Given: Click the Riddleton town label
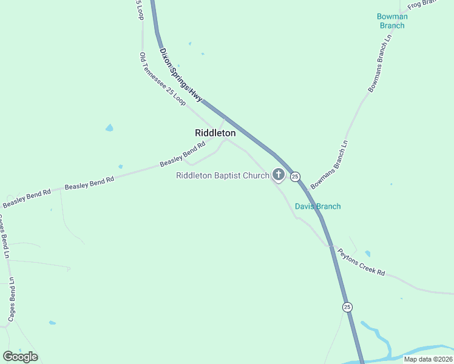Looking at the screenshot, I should coord(215,132).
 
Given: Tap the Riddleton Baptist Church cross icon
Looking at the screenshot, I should coord(279,175).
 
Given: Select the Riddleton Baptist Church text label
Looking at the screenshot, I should coord(222,176).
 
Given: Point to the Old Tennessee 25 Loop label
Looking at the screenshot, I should coord(163,79).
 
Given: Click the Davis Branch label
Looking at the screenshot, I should coord(317,206).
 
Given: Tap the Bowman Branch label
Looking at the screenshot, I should coord(392,21).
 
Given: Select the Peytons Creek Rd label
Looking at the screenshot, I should coord(362,262).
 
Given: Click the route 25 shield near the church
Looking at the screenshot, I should coord(295,177).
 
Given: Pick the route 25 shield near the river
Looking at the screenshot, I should coord(347,307).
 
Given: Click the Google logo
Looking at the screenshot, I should coord(20,357).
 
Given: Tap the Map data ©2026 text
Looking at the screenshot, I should coord(427,359).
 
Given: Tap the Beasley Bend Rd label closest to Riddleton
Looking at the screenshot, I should coord(180,156).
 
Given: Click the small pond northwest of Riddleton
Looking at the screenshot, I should coord(109,128).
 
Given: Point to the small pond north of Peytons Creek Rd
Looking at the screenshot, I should coord(368,254).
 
